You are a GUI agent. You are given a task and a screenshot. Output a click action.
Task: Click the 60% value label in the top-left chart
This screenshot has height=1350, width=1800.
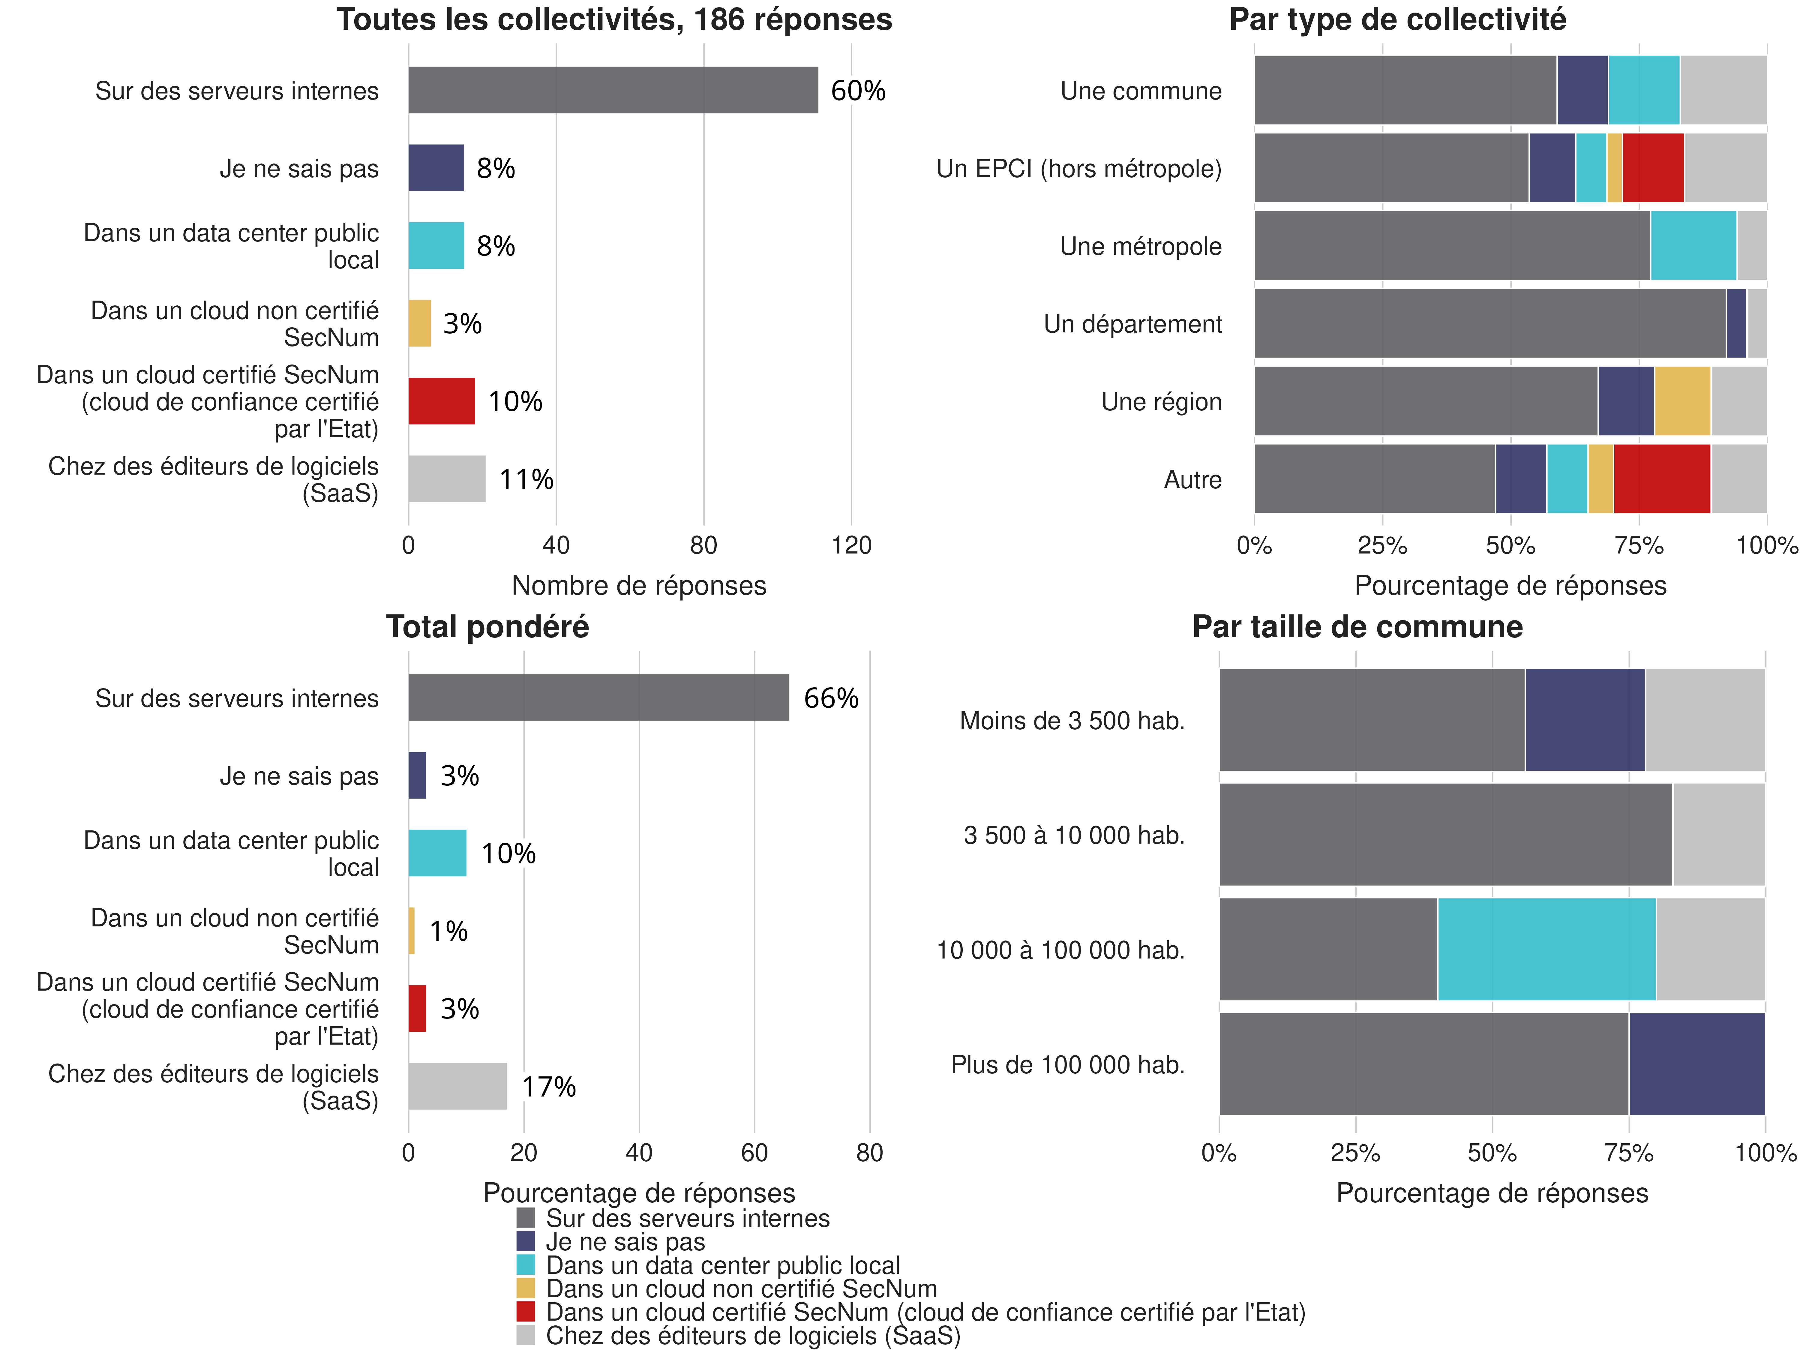point(858,90)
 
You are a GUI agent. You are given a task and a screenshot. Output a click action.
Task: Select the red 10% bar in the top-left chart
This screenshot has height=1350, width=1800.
point(441,401)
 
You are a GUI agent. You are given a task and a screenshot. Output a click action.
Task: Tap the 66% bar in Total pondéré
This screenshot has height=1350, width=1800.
point(598,697)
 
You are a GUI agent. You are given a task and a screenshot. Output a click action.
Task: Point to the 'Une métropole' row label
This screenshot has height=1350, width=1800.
point(1140,247)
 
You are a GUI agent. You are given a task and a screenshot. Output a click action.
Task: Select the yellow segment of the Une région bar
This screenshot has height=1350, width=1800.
point(1682,401)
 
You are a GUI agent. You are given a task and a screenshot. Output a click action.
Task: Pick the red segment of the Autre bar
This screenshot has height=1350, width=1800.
point(1662,478)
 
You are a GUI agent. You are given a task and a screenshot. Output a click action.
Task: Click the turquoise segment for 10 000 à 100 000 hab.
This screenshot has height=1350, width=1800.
point(1546,949)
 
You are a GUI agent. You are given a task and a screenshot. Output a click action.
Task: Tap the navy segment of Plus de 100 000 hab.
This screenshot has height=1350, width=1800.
point(1697,1063)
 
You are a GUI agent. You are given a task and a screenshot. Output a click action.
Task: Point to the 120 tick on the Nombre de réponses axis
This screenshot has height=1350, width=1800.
point(851,545)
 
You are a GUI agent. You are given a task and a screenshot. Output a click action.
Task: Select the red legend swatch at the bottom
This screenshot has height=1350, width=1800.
point(526,1312)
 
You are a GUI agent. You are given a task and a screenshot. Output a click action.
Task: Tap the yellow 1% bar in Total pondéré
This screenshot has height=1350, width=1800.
point(412,931)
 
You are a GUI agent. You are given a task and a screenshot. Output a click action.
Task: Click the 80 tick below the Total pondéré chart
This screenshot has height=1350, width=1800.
point(869,1152)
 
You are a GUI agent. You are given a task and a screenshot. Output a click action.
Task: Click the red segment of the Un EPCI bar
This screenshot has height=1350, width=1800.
point(1653,168)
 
